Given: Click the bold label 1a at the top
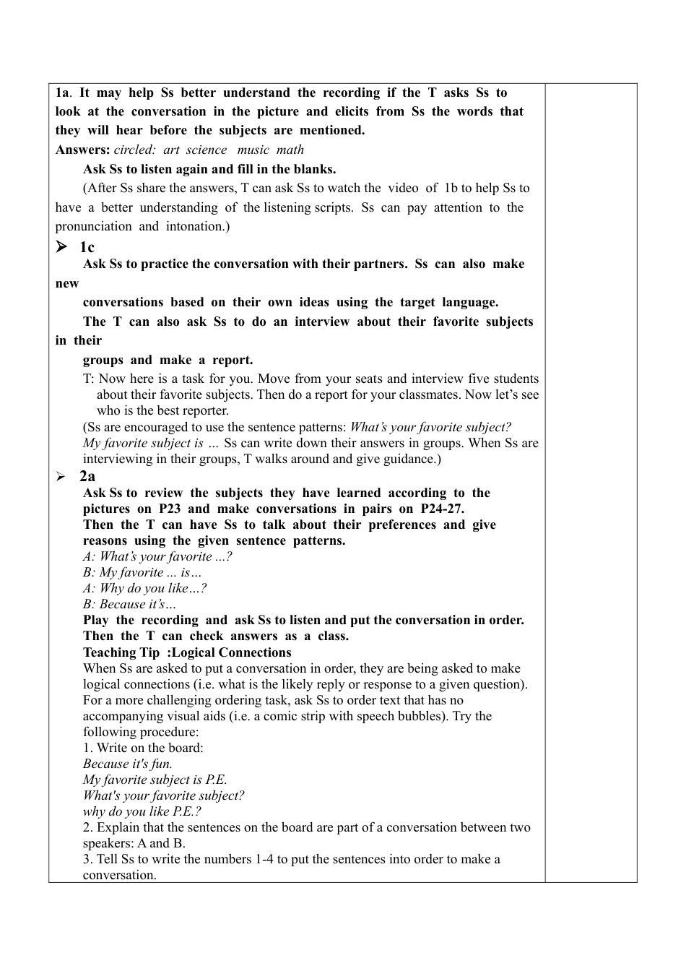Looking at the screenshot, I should (x=62, y=93).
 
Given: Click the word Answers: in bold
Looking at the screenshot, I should (x=82, y=150).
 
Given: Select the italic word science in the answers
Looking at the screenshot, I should (x=206, y=150).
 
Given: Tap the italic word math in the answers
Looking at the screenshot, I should (x=290, y=150).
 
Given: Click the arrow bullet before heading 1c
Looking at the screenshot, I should (x=62, y=247).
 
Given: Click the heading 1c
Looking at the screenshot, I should (x=87, y=248).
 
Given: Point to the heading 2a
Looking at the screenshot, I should (x=87, y=477).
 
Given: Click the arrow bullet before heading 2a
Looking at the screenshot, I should (x=61, y=477).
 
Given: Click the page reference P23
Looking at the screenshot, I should (x=170, y=509).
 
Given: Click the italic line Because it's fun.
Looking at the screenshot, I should (x=128, y=764).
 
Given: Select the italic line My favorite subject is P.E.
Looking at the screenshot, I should (x=155, y=780).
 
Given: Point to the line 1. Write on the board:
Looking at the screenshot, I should (x=143, y=748).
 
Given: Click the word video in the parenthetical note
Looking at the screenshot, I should (x=402, y=189).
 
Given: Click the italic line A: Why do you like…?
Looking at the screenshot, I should (x=144, y=589).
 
